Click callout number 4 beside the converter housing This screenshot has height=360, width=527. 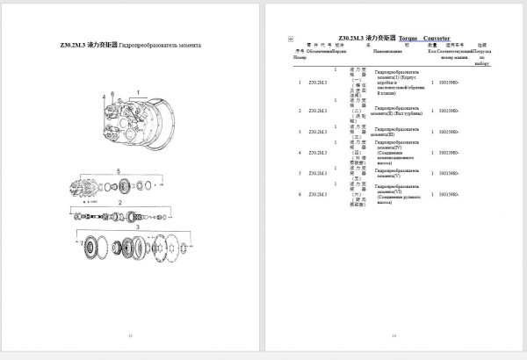click(x=103, y=94)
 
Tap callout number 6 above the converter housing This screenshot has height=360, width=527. click(x=112, y=91)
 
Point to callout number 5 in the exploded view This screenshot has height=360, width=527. click(x=119, y=169)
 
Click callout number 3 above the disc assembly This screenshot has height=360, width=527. click(x=137, y=227)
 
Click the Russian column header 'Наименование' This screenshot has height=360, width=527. click(x=392, y=54)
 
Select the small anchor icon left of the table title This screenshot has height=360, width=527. click(x=291, y=40)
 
